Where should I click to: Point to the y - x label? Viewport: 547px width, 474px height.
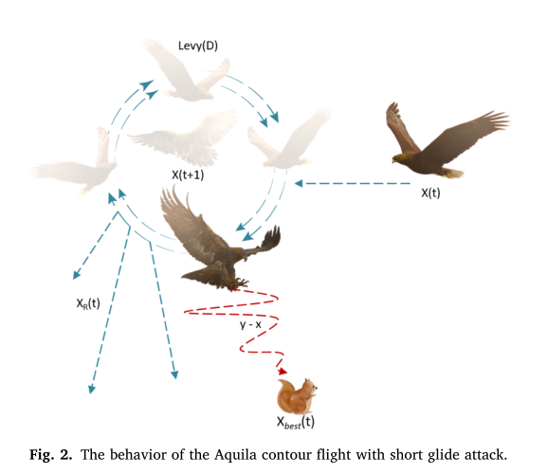tap(251, 323)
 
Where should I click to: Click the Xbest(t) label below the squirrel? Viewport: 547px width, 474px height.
tap(296, 422)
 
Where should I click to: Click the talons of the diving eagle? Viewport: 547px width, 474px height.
tap(241, 282)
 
